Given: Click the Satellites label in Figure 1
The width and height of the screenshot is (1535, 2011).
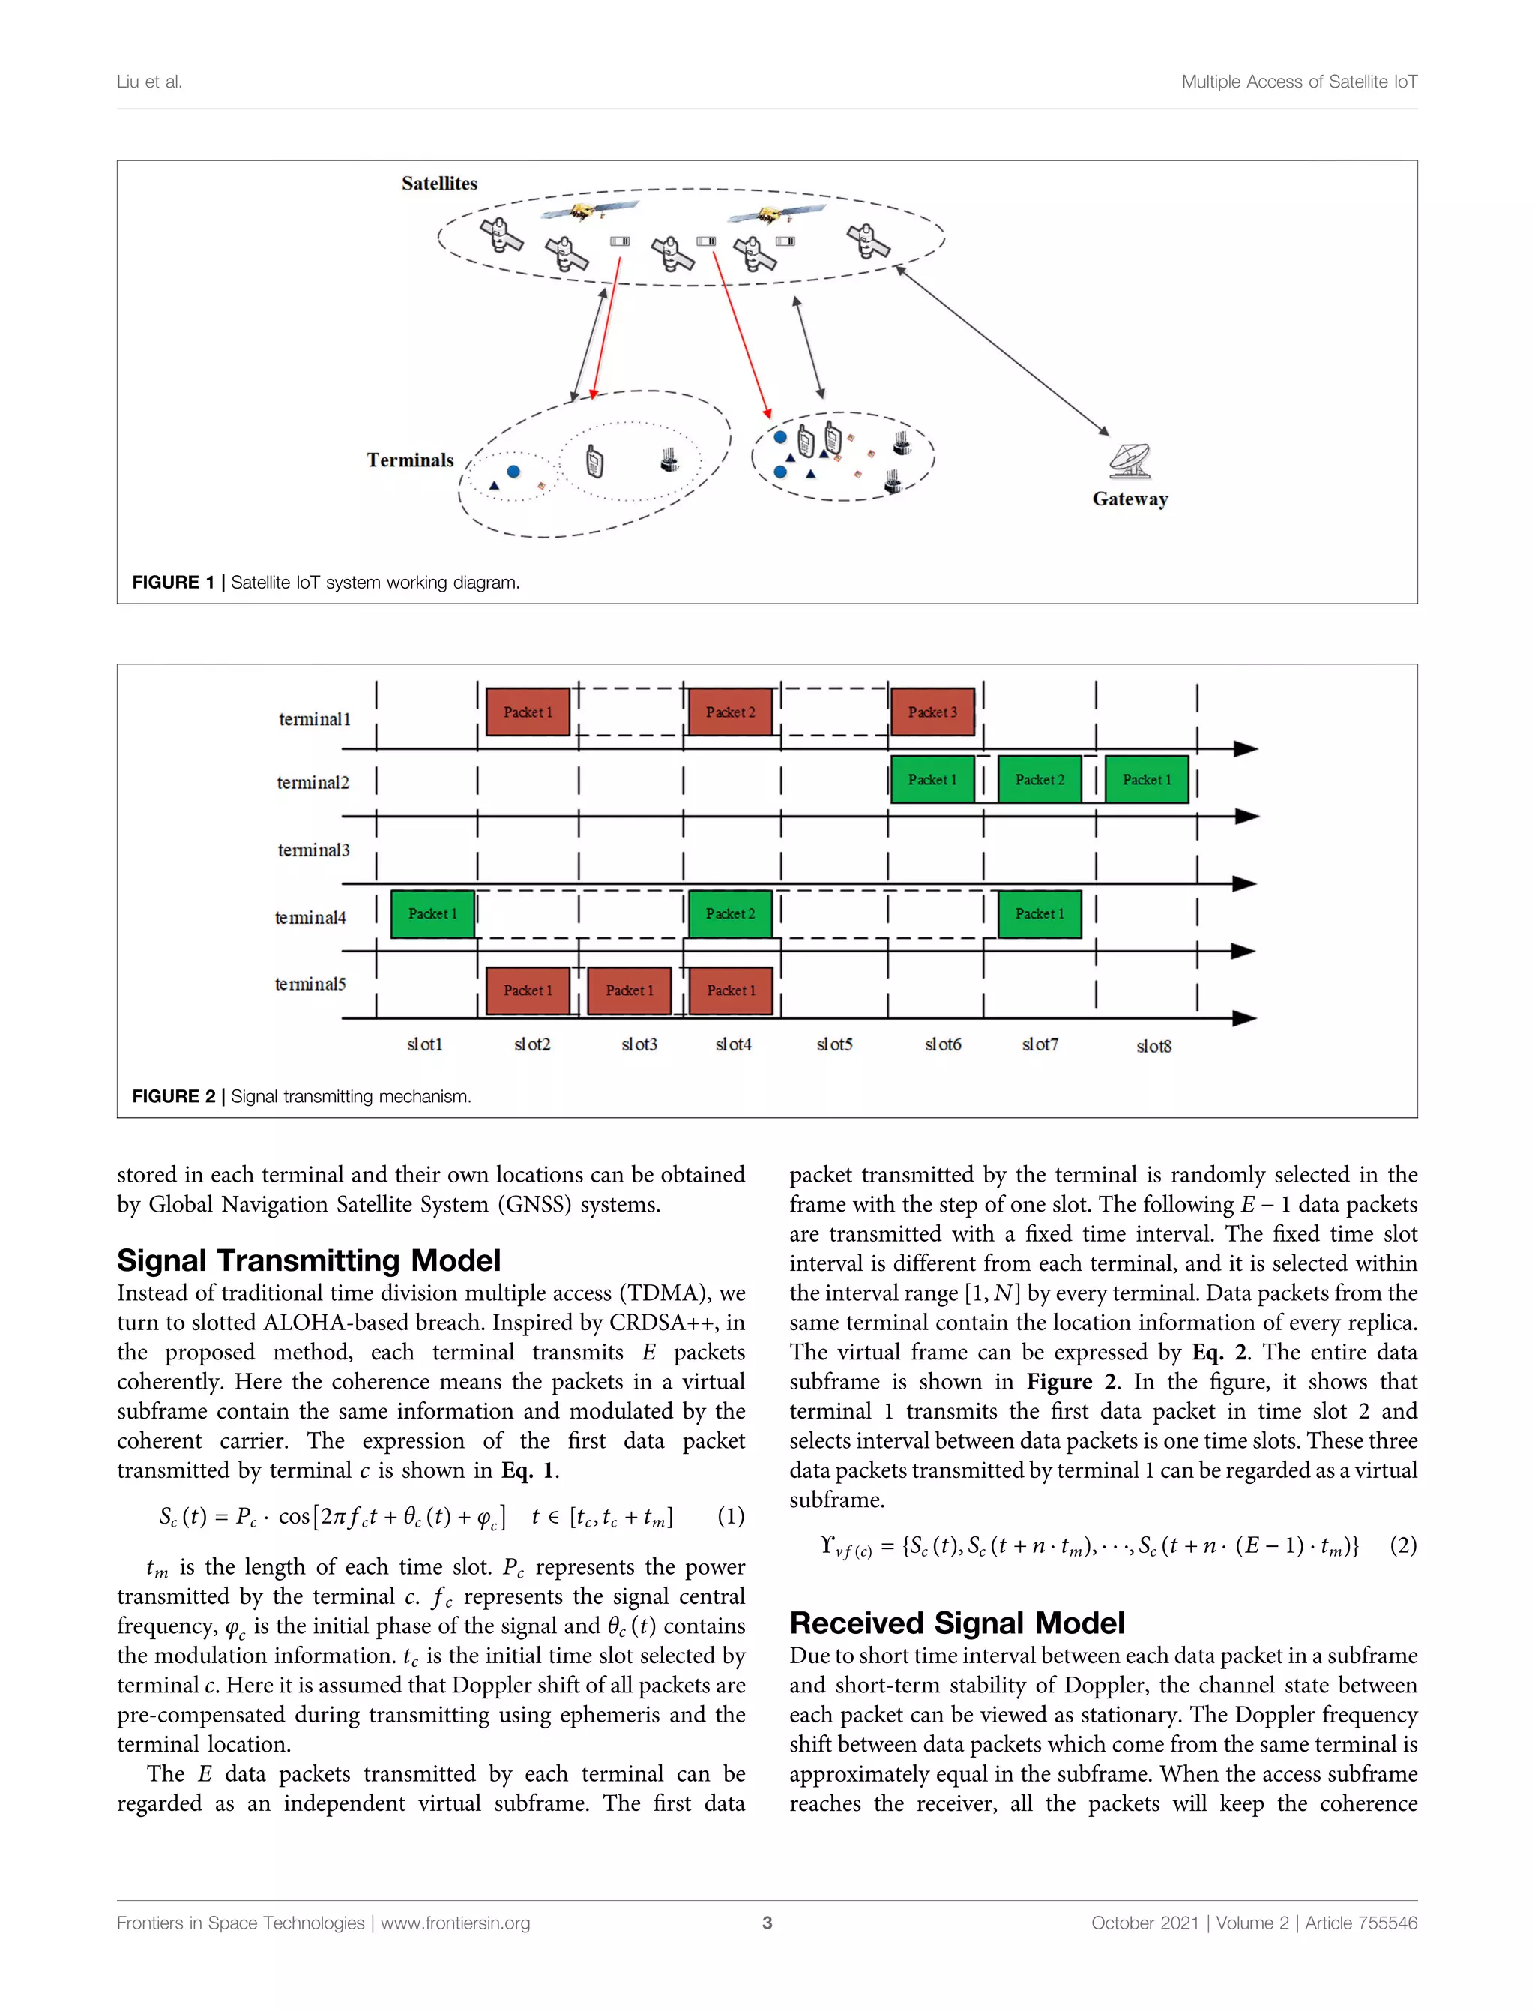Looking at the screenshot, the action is (x=439, y=184).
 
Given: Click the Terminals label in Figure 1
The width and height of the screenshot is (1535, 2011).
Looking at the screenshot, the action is (x=410, y=460).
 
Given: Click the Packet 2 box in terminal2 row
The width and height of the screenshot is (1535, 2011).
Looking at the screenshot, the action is (x=1040, y=780).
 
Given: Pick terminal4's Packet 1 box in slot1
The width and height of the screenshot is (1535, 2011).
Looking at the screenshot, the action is (x=432, y=913).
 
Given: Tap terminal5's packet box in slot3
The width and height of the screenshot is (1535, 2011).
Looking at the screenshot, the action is (x=630, y=990).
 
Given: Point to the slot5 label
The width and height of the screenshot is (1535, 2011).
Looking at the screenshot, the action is (x=834, y=1044).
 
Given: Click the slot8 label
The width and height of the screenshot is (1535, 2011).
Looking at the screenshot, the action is (x=1153, y=1046).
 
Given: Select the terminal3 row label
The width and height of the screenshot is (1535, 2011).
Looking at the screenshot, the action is (x=313, y=850).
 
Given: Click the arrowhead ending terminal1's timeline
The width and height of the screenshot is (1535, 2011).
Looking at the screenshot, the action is (x=1246, y=748).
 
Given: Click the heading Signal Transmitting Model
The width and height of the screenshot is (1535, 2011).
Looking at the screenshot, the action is (x=309, y=1260).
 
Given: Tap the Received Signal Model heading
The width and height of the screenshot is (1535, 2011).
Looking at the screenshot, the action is (x=956, y=1623).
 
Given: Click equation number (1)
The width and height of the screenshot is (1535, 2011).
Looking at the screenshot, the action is (x=730, y=1516).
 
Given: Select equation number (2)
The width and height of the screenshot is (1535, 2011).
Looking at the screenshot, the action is (x=1402, y=1545).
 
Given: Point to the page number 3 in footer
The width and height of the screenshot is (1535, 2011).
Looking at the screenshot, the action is (x=767, y=1923).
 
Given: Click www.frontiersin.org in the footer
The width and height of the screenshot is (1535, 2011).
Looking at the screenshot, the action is (x=455, y=1923).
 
